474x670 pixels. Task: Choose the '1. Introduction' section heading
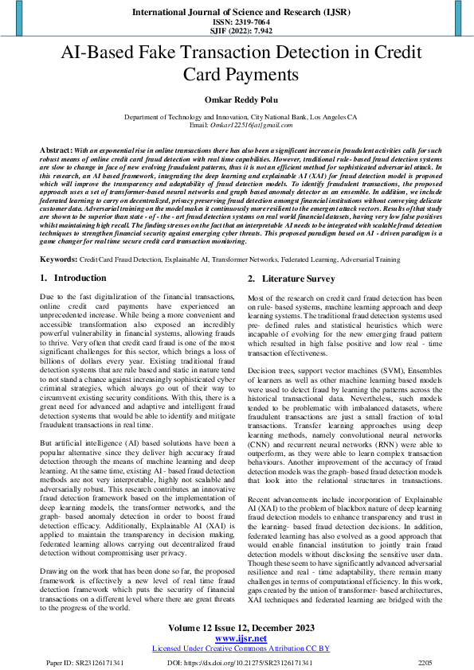tap(72, 278)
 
